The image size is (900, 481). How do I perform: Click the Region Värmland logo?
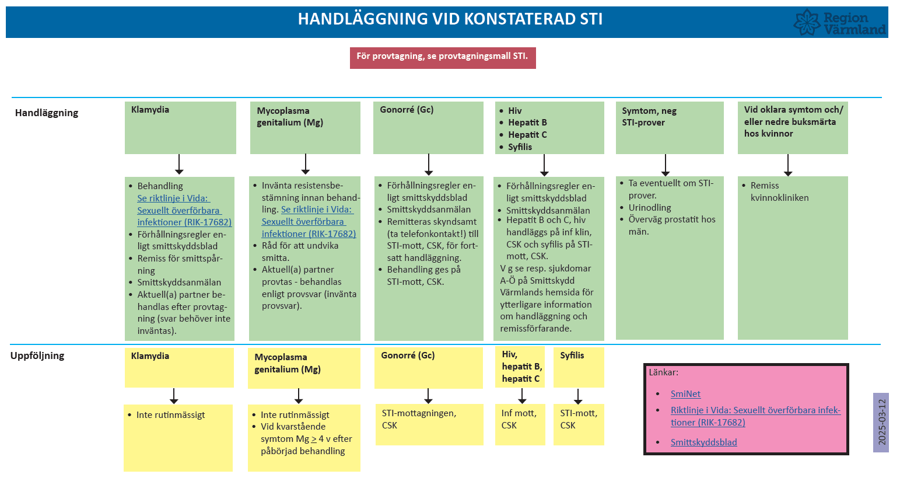tap(839, 23)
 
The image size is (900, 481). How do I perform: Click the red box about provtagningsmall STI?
tap(443, 57)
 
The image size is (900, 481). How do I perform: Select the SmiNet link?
tap(685, 394)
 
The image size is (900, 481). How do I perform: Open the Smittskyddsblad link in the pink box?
tap(703, 442)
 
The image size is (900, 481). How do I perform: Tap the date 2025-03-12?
tap(881, 422)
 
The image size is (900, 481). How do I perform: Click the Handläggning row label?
tap(47, 113)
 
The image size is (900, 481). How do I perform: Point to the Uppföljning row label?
tap(37, 355)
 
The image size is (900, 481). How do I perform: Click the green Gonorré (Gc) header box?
tap(428, 127)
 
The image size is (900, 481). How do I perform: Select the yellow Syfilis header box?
tap(578, 367)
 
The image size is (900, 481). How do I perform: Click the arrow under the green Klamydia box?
tap(179, 165)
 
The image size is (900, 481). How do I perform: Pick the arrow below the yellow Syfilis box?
tap(578, 396)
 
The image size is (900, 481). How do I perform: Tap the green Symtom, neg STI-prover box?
tap(670, 127)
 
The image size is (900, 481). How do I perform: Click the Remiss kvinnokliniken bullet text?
tap(779, 191)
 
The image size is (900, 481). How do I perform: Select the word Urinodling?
tap(650, 208)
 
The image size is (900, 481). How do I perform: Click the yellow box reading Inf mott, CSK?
tap(520, 424)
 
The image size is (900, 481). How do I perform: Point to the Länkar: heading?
tap(664, 372)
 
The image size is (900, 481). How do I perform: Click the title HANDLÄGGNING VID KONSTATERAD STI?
tap(450, 19)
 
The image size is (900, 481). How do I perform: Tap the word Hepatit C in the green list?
tap(527, 135)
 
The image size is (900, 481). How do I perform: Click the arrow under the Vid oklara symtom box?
tap(788, 165)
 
